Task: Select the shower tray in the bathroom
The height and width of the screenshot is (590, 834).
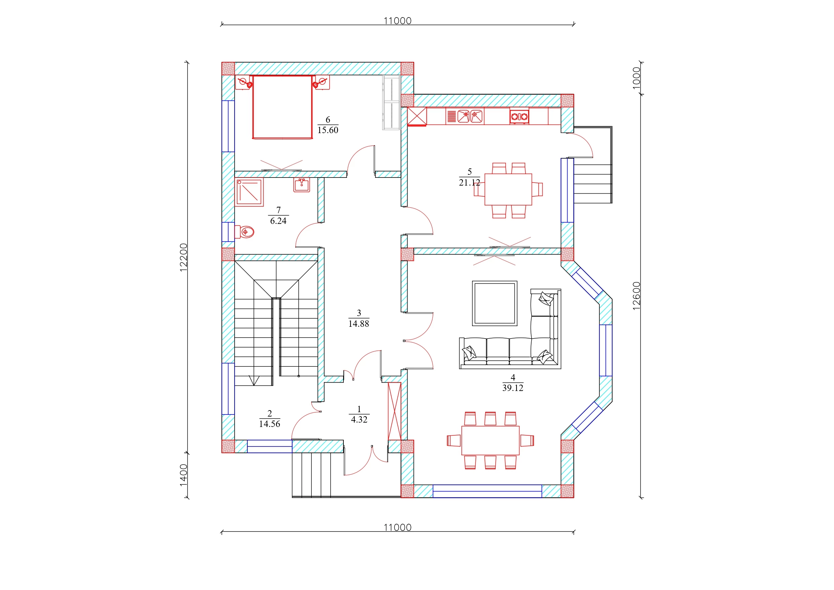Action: coord(249,192)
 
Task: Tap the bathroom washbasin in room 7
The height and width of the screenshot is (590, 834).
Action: coord(301,185)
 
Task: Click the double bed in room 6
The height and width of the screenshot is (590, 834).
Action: coord(283,107)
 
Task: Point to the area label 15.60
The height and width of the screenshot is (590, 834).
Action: coord(328,130)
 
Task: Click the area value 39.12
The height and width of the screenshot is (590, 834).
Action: coord(513,388)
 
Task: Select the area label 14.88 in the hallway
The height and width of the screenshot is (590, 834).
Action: coord(359,323)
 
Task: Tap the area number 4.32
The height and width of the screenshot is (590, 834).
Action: coord(359,420)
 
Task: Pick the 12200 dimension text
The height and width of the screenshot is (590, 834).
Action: coord(184,258)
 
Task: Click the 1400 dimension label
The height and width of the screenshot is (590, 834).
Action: coord(184,475)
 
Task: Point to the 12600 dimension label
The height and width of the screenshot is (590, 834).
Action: coord(636,296)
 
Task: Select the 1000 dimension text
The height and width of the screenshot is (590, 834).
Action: coord(636,78)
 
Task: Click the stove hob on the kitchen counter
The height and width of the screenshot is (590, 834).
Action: coord(519,116)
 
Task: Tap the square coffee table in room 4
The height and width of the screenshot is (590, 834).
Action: coord(495,303)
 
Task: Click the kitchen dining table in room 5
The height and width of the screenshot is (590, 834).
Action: coord(508,189)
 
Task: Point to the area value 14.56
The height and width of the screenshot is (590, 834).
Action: coord(269,424)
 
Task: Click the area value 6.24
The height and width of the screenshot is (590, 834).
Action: coord(278,221)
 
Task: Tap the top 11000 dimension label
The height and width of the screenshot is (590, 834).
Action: coord(398,21)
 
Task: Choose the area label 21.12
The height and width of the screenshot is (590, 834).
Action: coord(470,183)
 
